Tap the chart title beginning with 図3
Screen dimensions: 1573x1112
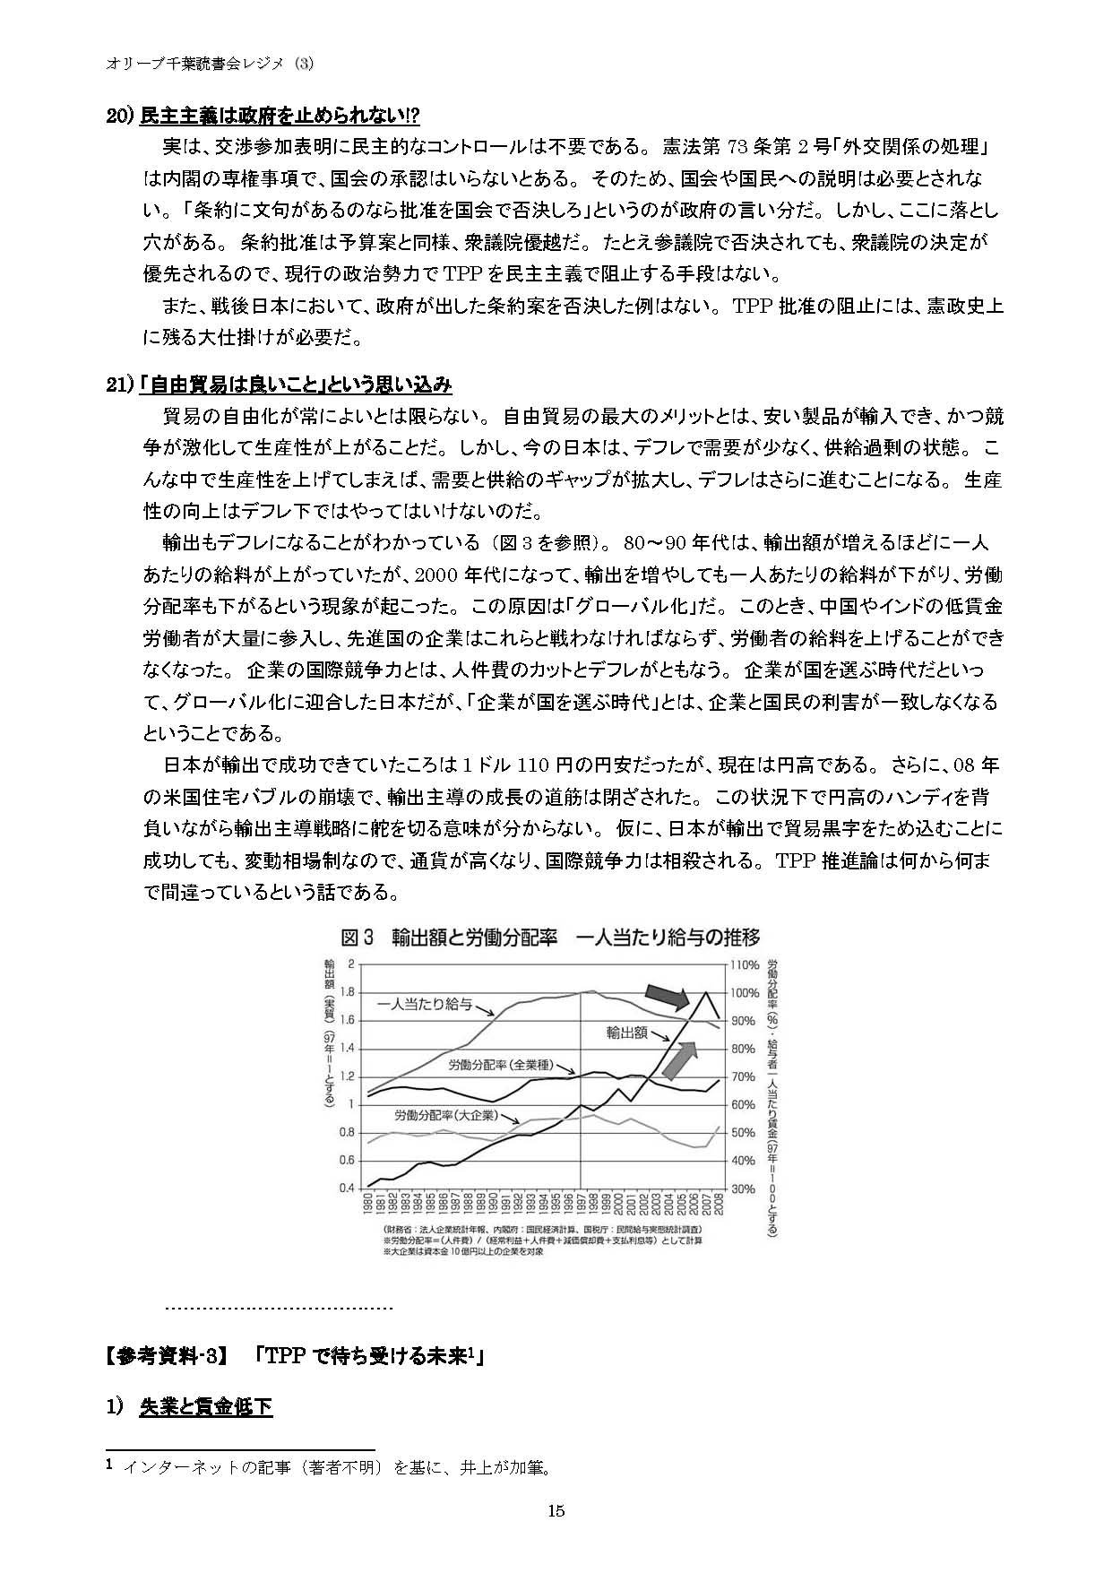550,938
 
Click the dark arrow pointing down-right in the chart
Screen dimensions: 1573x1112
667,994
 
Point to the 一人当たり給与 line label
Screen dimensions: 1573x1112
425,1003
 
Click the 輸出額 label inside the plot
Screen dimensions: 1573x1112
627,1033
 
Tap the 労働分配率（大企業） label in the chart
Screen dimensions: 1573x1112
444,1116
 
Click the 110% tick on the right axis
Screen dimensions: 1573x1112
745,965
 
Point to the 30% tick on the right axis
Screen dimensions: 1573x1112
743,1188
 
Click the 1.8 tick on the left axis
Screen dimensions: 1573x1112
347,992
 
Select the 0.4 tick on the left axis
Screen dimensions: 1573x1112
347,1188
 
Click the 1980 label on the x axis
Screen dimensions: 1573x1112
368,1204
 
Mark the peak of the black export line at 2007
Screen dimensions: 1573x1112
707,992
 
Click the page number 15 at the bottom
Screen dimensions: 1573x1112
556,1511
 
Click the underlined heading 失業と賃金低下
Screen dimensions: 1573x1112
205,1406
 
